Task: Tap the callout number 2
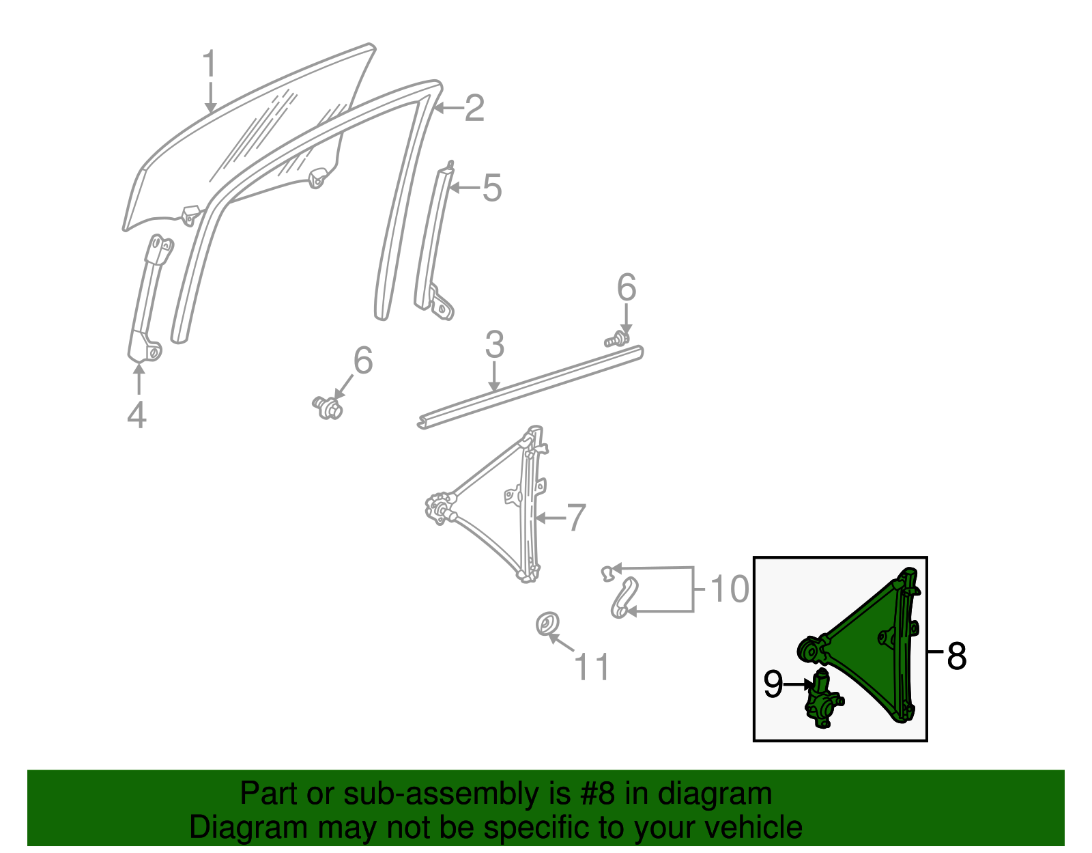tap(474, 108)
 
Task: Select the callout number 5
tap(492, 188)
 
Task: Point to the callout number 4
tap(136, 415)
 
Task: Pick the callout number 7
tap(577, 518)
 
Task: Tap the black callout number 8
tap(957, 656)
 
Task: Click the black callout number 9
tap(773, 684)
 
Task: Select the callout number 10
tap(729, 589)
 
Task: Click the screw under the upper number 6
tap(616, 339)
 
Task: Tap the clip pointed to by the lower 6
tap(328, 408)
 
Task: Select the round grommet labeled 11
tap(546, 624)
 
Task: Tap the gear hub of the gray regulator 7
tap(439, 510)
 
